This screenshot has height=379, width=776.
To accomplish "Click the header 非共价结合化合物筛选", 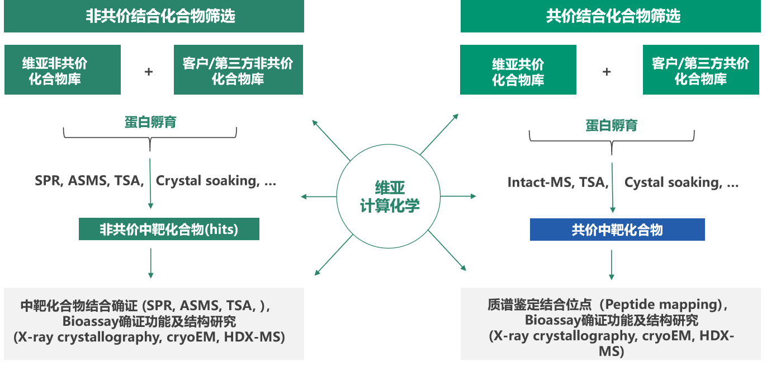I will pyautogui.click(x=154, y=16).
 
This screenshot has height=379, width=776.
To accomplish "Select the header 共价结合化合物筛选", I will pyautogui.click(x=611, y=16).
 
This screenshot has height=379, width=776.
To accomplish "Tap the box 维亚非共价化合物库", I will pyautogui.click(x=63, y=70).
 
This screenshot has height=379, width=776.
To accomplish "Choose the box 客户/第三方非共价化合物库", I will pyautogui.click(x=238, y=70).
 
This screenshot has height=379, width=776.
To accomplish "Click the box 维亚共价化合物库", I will pyautogui.click(x=518, y=71).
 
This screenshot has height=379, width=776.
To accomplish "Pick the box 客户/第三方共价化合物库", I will pyautogui.click(x=701, y=70).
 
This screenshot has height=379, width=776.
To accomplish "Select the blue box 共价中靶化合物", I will pyautogui.click(x=617, y=230).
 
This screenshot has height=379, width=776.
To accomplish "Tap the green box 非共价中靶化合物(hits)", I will pyautogui.click(x=169, y=230).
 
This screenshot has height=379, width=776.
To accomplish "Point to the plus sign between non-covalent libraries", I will pyautogui.click(x=148, y=72).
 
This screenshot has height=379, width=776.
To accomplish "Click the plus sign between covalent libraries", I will pyautogui.click(x=607, y=72).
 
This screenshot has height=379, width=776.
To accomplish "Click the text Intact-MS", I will pyautogui.click(x=540, y=182).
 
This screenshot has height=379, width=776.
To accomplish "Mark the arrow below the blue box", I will pyautogui.click(x=612, y=264).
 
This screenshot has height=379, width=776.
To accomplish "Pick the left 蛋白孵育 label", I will pyautogui.click(x=150, y=122).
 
